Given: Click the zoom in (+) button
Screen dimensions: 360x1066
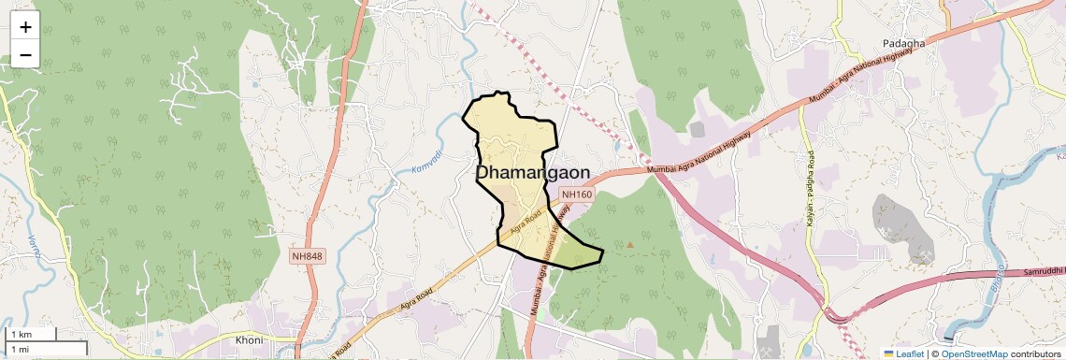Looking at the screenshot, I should (25, 27).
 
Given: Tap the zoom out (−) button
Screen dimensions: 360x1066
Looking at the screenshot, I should (25, 54).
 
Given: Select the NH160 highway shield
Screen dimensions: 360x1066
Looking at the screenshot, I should (577, 194).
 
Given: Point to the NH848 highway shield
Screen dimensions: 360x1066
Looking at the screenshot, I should (306, 255).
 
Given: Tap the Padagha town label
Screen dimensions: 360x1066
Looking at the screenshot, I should (903, 44).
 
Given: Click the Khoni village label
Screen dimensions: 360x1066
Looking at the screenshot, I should (249, 339).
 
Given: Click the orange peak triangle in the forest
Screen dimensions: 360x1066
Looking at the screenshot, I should (630, 245).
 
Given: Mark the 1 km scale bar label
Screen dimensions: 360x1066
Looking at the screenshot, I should (21, 334).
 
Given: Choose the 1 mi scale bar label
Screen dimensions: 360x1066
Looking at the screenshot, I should (20, 349).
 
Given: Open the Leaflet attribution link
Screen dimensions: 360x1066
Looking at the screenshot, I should (904, 353).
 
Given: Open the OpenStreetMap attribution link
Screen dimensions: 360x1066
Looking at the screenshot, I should (973, 353).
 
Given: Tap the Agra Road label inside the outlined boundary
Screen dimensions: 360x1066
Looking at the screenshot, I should (526, 222).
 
